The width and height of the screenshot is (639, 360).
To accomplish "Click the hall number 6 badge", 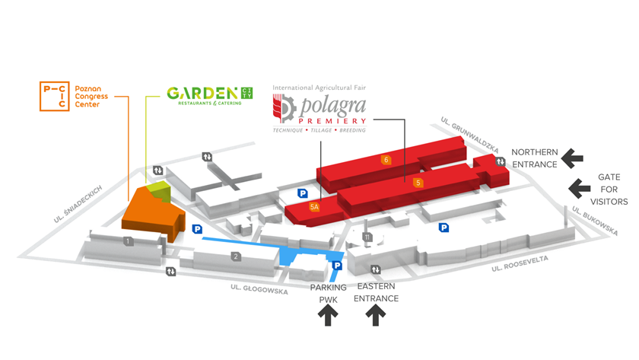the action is pyautogui.click(x=386, y=160).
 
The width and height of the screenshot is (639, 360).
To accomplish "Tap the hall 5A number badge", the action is pyautogui.click(x=313, y=207).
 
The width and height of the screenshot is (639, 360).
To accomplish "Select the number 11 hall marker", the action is pyautogui.click(x=367, y=237).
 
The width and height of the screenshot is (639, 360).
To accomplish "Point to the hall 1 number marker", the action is pyautogui.click(x=128, y=241).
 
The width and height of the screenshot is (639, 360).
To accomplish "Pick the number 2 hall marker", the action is pyautogui.click(x=236, y=256).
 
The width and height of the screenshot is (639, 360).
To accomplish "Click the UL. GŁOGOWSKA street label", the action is pyautogui.click(x=259, y=289).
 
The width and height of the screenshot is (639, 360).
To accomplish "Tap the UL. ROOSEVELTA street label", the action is pyautogui.click(x=520, y=263).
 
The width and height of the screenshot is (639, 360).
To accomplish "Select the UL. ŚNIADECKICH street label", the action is pyautogui.click(x=78, y=204).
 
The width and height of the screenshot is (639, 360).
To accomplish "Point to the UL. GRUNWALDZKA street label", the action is pyautogui.click(x=469, y=135).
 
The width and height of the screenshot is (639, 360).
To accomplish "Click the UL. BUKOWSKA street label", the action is pyautogui.click(x=595, y=221).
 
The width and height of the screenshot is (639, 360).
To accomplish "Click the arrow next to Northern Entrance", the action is pyautogui.click(x=572, y=158).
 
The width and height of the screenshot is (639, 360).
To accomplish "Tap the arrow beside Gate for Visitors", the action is pyautogui.click(x=580, y=189).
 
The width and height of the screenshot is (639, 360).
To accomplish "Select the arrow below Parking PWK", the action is pyautogui.click(x=328, y=316).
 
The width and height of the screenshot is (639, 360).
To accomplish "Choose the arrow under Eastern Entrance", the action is pyautogui.click(x=375, y=316).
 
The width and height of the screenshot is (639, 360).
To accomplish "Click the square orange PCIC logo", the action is pyautogui.click(x=54, y=96).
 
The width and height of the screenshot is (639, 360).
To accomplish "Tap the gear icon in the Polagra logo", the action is pyautogui.click(x=288, y=108).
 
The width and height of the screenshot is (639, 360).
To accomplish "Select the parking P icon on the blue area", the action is pyautogui.click(x=337, y=266).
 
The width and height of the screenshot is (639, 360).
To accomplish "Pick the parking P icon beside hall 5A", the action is pyautogui.click(x=303, y=193).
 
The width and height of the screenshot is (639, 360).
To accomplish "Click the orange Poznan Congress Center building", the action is pyautogui.click(x=153, y=214).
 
